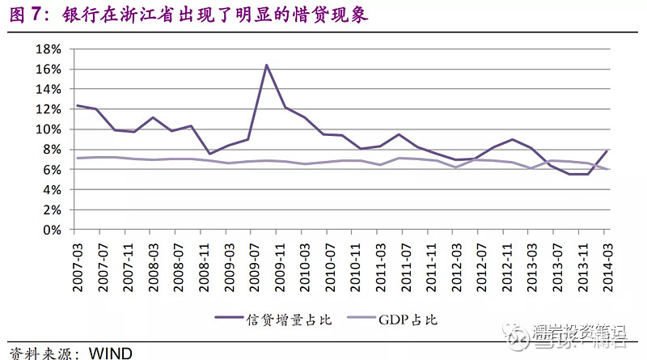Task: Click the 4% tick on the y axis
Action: [53, 189]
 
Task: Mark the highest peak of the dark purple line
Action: [266, 65]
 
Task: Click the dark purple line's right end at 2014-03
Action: [606, 150]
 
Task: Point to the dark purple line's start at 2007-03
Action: [78, 105]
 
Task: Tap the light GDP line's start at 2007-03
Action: [78, 158]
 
